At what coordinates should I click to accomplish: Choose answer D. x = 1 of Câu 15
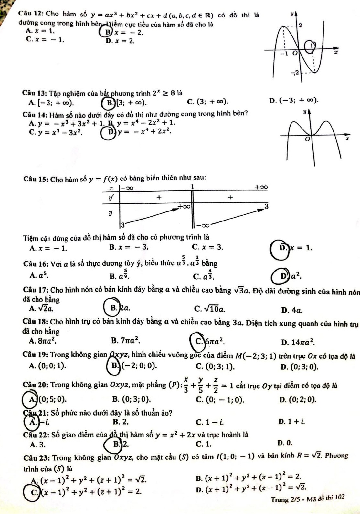(x=291, y=248)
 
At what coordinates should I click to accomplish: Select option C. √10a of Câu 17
(x=210, y=309)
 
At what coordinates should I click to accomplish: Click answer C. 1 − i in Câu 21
(x=210, y=421)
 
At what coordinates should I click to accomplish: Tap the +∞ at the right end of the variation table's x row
(x=261, y=187)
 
